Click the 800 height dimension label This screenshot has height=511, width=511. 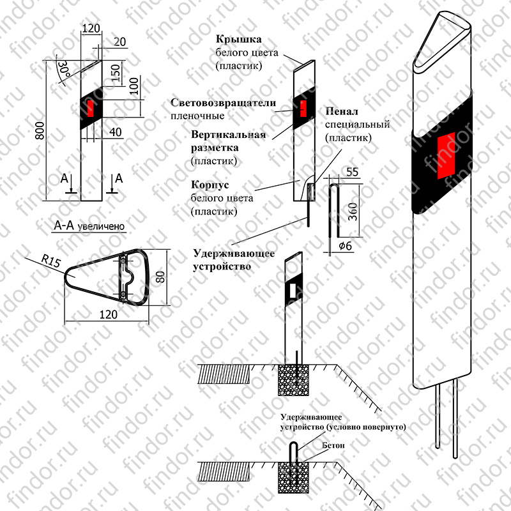(40, 131)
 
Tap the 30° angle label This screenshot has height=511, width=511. (64, 70)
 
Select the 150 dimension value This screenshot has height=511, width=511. (116, 73)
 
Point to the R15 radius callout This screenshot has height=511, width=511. (51, 261)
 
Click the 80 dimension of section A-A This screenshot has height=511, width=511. (160, 277)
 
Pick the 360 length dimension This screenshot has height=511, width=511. (353, 211)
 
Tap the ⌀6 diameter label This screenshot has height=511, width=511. (346, 245)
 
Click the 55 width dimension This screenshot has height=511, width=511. (353, 172)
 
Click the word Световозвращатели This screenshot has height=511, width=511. (223, 103)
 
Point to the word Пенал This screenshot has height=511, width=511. (342, 111)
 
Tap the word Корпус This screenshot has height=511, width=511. (210, 185)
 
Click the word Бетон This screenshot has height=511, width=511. (333, 445)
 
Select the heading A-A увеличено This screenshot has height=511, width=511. (89, 225)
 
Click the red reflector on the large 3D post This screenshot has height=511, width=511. (446, 155)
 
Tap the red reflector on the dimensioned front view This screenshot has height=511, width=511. (91, 109)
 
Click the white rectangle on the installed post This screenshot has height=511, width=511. (293, 290)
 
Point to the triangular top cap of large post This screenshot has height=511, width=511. (442, 42)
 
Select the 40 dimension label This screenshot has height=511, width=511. (116, 132)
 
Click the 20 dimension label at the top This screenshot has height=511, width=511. (120, 42)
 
